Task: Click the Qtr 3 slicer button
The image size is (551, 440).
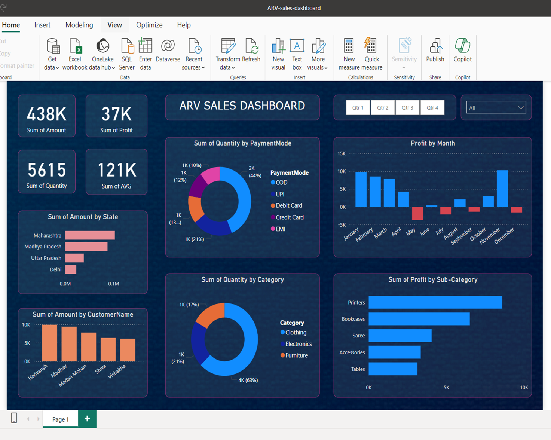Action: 407,108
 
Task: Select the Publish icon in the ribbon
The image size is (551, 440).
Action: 435,46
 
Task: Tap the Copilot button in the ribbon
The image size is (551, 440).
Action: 462,46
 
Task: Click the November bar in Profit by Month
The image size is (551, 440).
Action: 502,189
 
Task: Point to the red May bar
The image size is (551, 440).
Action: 417,213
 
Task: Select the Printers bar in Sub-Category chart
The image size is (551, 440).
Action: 435,302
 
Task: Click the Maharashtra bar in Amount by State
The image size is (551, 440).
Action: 90,235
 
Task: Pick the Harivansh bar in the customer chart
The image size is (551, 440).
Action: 49,343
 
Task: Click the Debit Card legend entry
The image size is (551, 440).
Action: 288,205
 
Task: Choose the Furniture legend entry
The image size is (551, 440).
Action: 296,355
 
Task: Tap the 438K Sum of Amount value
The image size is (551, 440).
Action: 47,114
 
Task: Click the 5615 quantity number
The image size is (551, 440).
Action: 47,170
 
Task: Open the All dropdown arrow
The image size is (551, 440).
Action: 520,108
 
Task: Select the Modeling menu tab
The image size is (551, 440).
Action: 79,25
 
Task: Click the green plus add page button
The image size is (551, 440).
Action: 87,419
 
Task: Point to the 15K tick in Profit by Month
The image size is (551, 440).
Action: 342,153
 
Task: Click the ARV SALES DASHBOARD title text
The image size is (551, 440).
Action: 242,106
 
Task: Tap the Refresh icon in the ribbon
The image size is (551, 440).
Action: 251,46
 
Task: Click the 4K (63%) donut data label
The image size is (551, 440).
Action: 248,380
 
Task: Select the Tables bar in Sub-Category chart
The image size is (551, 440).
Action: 393,369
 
